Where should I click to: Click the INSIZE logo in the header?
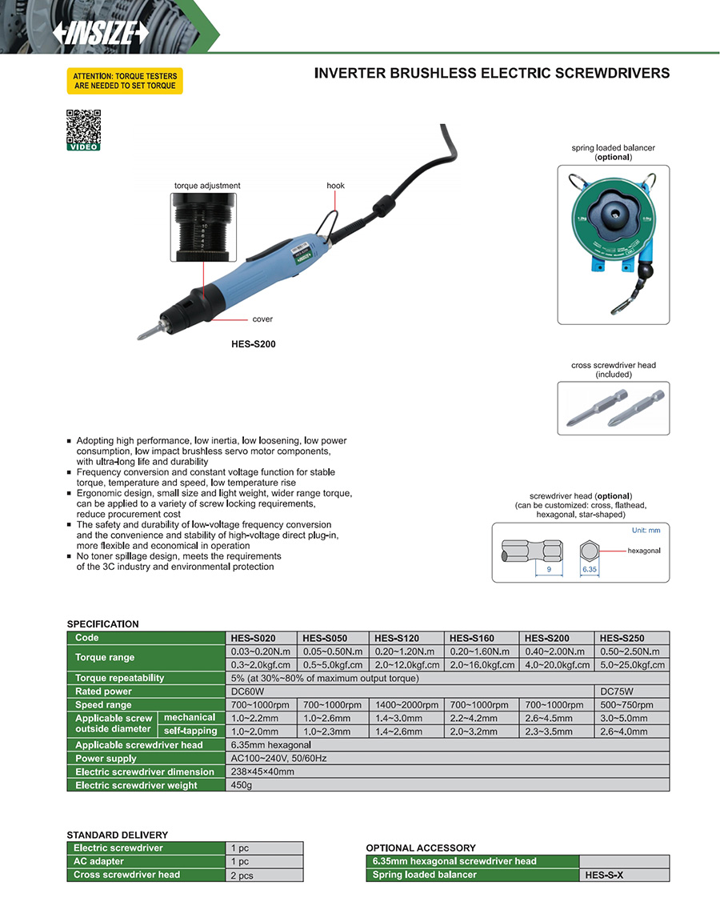(x=101, y=33)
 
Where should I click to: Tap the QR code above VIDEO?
(x=83, y=126)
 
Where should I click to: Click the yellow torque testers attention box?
(x=124, y=81)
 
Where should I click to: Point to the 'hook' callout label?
(x=335, y=186)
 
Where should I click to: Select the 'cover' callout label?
(x=262, y=319)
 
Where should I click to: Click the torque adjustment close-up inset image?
(x=204, y=227)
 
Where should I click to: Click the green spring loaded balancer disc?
(x=613, y=216)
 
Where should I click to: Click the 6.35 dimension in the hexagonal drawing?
(x=590, y=570)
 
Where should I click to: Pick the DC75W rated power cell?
(x=616, y=692)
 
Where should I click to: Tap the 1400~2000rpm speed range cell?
(x=406, y=705)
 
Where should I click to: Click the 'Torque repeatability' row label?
(x=120, y=678)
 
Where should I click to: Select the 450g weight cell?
(x=241, y=786)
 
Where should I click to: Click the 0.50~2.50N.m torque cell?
(x=631, y=651)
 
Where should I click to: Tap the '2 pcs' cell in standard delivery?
(x=242, y=876)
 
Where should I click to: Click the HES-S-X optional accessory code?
(x=604, y=876)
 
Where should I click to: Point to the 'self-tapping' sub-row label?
(x=190, y=731)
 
